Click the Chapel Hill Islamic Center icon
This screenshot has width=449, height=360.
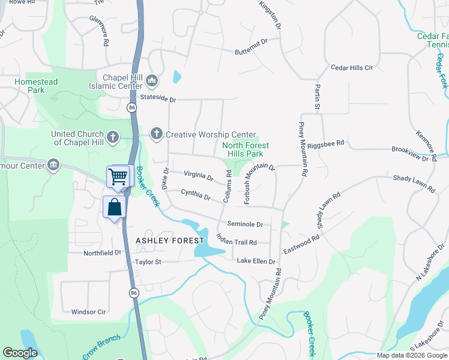(x=152, y=80)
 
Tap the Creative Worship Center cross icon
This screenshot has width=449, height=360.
(x=157, y=133)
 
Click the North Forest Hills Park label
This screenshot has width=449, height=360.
(x=246, y=149)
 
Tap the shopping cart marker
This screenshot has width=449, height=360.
(x=118, y=176)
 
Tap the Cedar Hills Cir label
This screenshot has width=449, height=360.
(x=352, y=68)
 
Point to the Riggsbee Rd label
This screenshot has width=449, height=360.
(x=325, y=145)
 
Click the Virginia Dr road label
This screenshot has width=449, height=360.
(x=198, y=176)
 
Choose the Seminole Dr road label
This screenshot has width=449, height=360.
(x=245, y=224)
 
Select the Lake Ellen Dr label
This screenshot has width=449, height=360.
(x=256, y=262)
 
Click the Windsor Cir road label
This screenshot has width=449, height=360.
(x=88, y=312)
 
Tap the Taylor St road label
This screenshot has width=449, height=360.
(x=148, y=262)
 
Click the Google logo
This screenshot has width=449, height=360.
(x=20, y=353)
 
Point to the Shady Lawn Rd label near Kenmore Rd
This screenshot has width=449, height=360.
(x=414, y=183)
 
